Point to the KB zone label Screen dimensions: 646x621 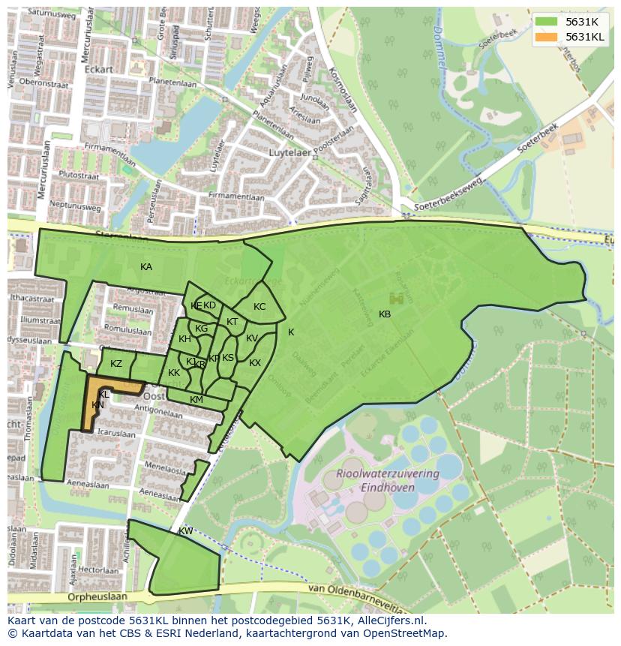385,314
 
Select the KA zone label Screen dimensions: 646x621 146,267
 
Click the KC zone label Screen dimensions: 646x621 259,307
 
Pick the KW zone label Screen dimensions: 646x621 185,531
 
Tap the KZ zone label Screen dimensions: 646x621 116,364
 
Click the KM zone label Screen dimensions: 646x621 196,400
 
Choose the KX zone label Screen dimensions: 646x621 255,363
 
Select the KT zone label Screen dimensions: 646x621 232,322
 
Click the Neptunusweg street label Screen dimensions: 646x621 73,203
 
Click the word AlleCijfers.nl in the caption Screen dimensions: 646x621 389,621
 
